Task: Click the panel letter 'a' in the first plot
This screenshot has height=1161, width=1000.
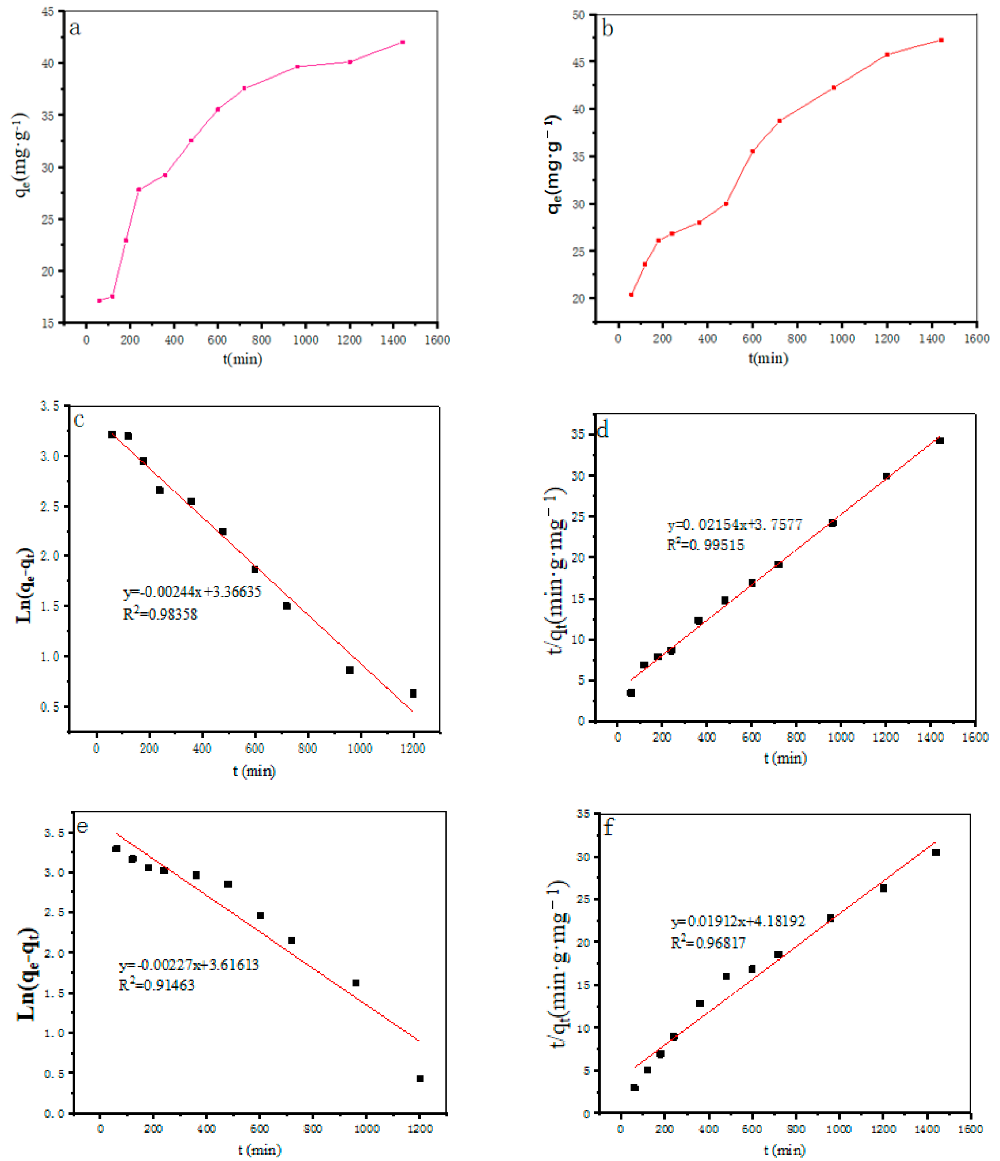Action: (75, 28)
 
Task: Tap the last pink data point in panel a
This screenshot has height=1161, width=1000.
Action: (402, 42)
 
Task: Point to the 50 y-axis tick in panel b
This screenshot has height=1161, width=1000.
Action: (579, 15)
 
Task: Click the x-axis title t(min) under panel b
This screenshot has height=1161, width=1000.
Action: (768, 358)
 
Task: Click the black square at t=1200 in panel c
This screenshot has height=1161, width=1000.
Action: (413, 693)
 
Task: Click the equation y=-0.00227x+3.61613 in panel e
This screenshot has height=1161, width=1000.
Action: (189, 965)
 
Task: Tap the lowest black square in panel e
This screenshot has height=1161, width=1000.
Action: (420, 1079)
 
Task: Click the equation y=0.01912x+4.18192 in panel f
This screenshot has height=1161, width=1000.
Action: (738, 921)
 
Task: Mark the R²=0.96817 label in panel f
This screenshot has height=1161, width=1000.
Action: (708, 943)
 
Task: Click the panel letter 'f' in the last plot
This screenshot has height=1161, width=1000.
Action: (609, 827)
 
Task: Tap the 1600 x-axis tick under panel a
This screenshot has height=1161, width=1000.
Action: (437, 340)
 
